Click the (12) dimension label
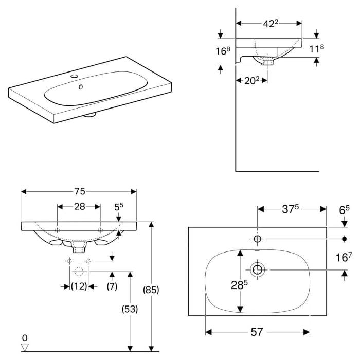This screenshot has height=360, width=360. [x=79, y=286]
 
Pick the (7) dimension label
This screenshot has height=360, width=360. [x=112, y=286]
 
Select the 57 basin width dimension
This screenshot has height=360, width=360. [x=257, y=332]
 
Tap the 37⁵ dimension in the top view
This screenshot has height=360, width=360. [x=291, y=209]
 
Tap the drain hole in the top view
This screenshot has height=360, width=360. [x=257, y=269]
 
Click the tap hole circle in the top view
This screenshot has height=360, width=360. [x=258, y=239]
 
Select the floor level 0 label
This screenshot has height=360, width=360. [x=24, y=337]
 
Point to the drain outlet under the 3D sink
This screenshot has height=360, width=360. [x=91, y=115]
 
